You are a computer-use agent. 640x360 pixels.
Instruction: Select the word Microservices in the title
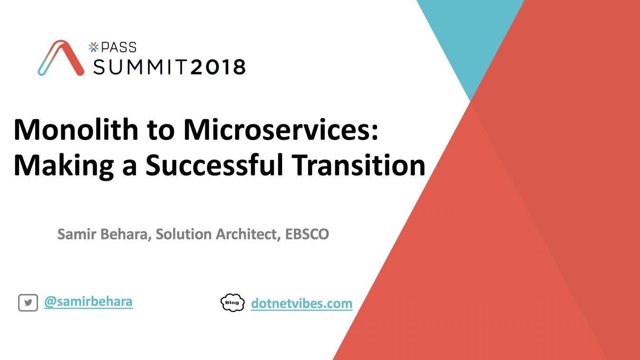pos(281,130)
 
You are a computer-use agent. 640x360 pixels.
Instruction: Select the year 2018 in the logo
pos(218,67)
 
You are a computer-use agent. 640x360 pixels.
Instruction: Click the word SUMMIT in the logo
pos(140,67)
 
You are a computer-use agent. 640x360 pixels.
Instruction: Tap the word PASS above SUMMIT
pos(118,47)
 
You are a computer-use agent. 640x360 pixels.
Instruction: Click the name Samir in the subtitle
pos(73,234)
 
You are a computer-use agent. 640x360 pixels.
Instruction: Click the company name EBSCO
pos(307,234)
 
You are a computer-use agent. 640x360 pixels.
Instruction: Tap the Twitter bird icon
pos(28,303)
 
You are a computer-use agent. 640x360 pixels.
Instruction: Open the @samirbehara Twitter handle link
pos(88,302)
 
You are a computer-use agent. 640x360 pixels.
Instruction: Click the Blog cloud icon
pos(232,303)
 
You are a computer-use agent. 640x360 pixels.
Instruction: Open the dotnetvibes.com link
pos(302,303)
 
